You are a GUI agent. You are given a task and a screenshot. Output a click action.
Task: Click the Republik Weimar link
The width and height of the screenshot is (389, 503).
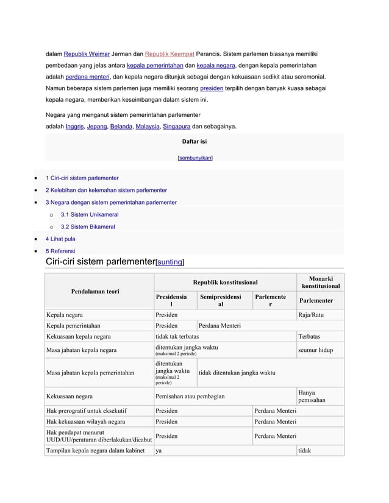[x=87, y=54]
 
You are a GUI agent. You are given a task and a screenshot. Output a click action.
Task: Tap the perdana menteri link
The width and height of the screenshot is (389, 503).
[x=88, y=77]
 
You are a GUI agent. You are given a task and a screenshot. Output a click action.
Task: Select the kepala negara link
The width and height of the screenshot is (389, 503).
[x=216, y=66]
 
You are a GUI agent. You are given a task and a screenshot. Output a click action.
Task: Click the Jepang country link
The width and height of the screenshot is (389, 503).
[x=97, y=126]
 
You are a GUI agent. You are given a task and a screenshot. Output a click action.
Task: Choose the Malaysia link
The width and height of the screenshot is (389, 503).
[x=147, y=126]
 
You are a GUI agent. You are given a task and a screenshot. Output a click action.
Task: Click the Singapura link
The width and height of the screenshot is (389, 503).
[x=176, y=126]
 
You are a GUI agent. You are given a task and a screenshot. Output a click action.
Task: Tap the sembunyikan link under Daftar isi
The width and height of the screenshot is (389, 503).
[x=194, y=158]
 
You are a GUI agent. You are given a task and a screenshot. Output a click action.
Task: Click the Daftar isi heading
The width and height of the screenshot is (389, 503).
[x=194, y=141]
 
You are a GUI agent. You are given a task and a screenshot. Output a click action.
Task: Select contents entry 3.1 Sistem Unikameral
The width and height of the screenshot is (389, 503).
[x=90, y=214]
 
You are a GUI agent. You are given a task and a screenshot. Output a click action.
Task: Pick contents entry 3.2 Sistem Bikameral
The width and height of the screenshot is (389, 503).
[x=88, y=227]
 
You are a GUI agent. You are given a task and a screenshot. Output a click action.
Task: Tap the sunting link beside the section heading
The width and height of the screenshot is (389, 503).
[x=170, y=262]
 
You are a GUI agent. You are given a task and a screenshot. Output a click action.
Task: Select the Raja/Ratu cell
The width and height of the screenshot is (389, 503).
[x=311, y=315]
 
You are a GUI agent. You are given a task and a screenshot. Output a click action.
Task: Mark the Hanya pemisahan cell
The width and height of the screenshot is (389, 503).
[x=312, y=396]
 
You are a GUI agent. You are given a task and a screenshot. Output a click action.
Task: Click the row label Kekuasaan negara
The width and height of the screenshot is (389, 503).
[x=70, y=396]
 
